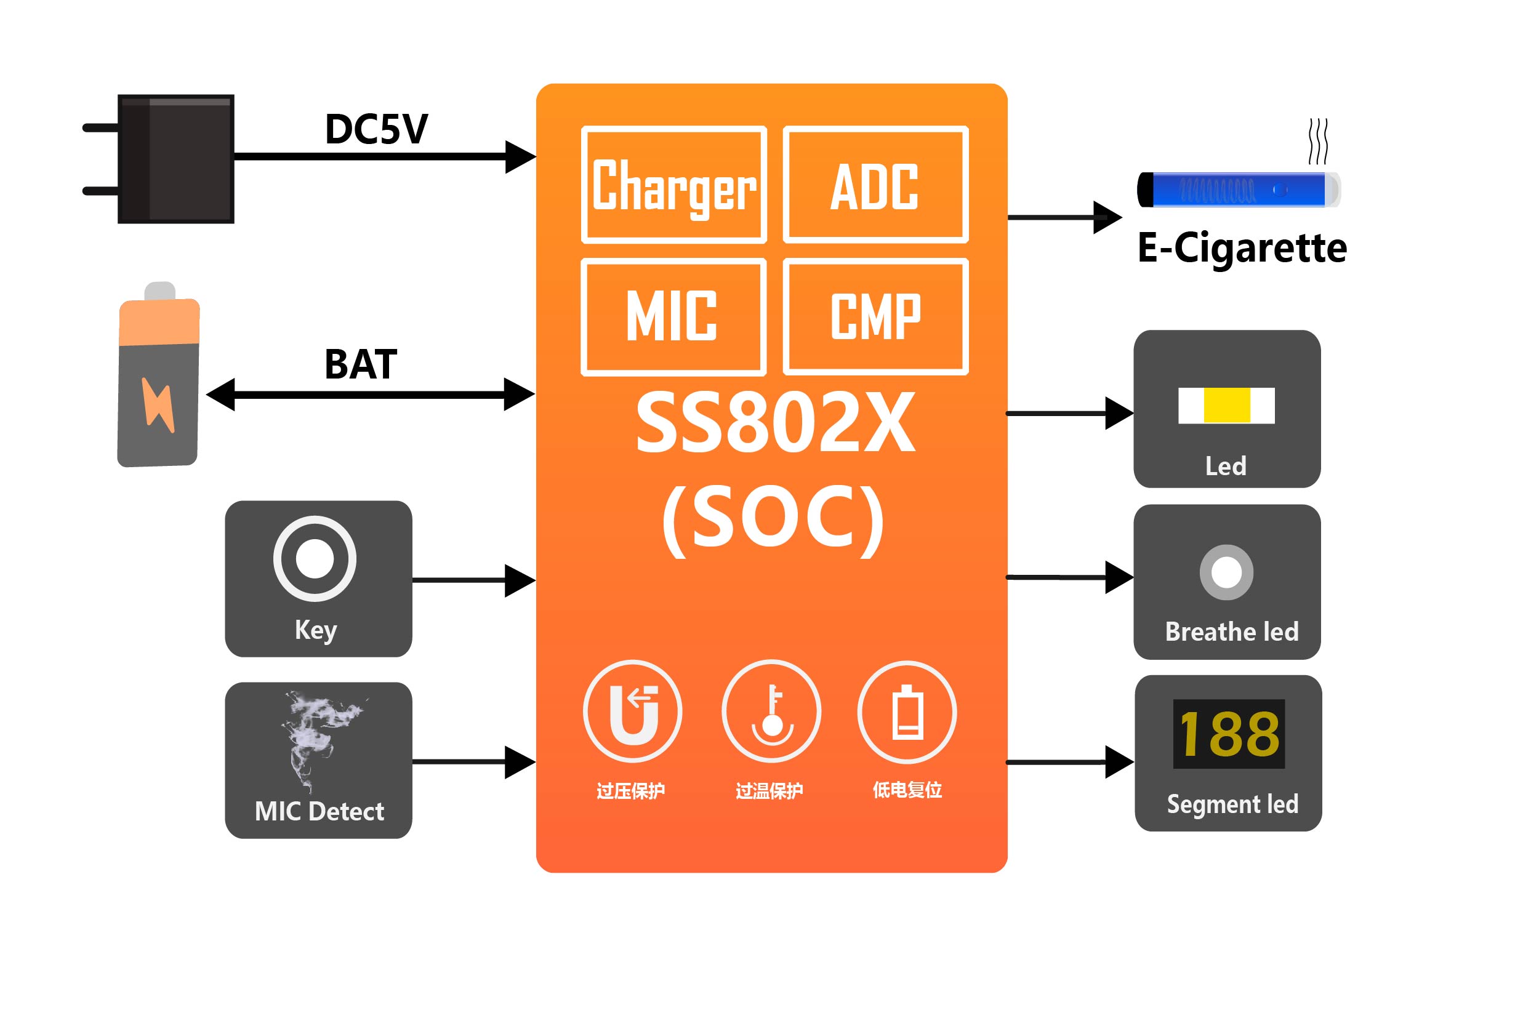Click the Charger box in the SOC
coord(673,185)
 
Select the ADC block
coord(875,185)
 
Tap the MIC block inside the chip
coord(673,317)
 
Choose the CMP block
coord(875,317)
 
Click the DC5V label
coord(376,129)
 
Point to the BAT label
coord(361,364)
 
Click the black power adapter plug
coord(175,159)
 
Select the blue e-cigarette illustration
coord(1239,190)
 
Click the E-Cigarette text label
coord(1242,248)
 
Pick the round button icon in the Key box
coord(315,558)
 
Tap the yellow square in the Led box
coord(1227,405)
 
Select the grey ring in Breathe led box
coord(1226,572)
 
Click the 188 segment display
coord(1229,734)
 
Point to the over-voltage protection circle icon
coord(632,711)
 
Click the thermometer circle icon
coord(771,711)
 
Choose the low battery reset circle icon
coord(907,711)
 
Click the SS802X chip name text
coord(776,423)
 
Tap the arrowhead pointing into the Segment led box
coord(1120,763)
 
